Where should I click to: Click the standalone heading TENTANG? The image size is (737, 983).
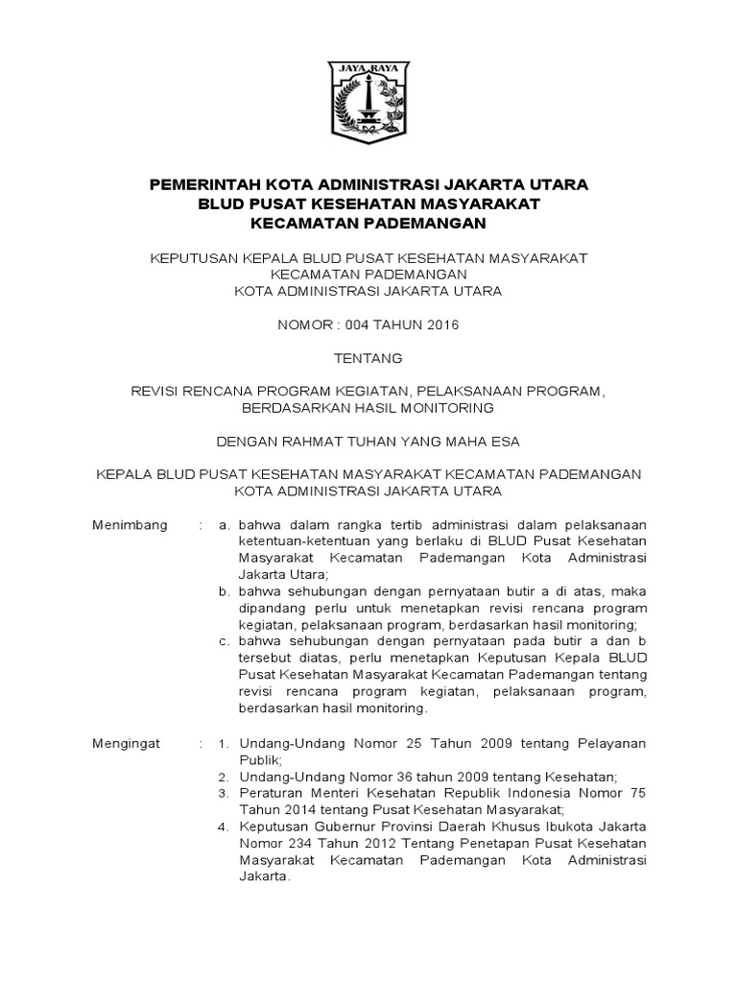click(368, 358)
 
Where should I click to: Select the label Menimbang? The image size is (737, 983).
click(130, 525)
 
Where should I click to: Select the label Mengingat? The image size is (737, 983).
click(127, 744)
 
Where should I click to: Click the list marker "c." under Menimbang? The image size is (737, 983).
click(223, 641)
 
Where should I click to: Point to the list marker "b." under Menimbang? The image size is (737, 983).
click(223, 591)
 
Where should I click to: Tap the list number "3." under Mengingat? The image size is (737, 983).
click(222, 793)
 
